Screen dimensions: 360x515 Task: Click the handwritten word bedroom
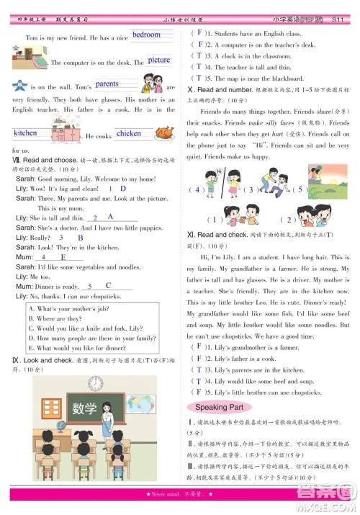pyautogui.click(x=147, y=35)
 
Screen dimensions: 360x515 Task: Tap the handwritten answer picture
pyautogui.click(x=159, y=61)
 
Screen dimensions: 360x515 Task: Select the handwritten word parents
pyautogui.click(x=107, y=84)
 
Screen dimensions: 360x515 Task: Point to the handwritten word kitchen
pyautogui.click(x=25, y=133)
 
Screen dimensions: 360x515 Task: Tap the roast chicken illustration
pyautogui.click(x=165, y=133)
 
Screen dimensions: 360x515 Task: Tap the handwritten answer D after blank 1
pyautogui.click(x=122, y=188)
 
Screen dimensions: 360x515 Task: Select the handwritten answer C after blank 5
pyautogui.click(x=108, y=285)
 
